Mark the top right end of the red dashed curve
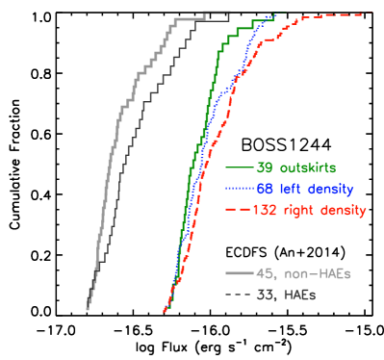point(372,13)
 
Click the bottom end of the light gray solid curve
point(87,309)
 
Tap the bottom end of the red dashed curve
point(165,312)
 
